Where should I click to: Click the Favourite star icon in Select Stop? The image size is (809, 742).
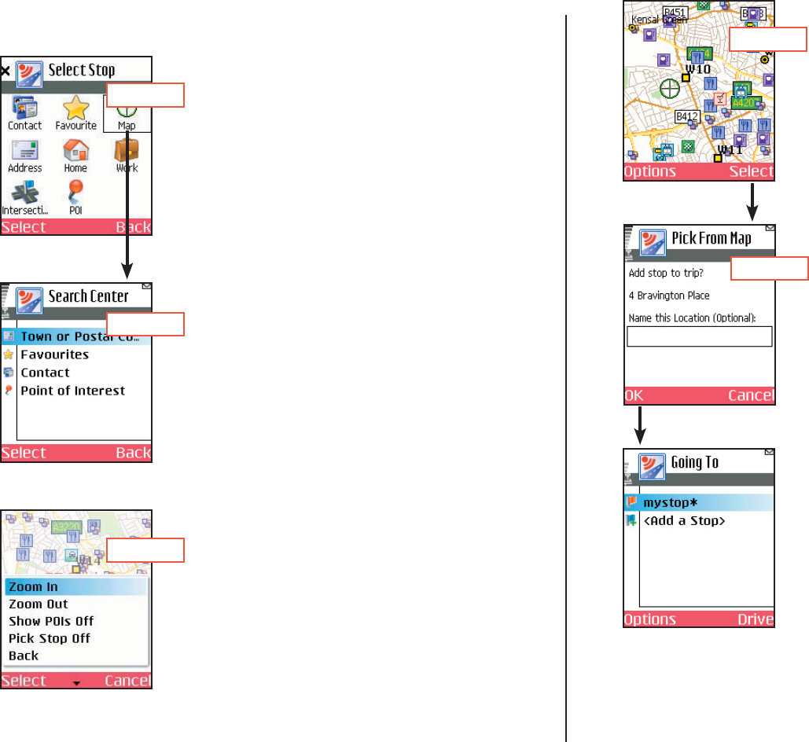tap(75, 108)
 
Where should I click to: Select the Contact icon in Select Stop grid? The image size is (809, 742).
tap(25, 108)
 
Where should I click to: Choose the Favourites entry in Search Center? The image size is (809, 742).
tap(54, 354)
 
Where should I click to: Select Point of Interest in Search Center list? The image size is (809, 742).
tap(72, 391)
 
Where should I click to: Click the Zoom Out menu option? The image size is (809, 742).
tap(39, 604)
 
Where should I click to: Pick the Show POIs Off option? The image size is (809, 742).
tap(51, 622)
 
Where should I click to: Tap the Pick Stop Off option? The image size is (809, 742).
tap(50, 638)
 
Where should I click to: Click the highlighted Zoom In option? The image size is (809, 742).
tap(34, 587)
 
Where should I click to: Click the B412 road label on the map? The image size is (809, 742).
tap(688, 117)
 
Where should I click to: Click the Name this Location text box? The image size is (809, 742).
tap(699, 336)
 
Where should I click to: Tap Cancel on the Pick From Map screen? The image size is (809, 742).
tap(751, 395)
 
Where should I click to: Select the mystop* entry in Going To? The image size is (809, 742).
tap(671, 502)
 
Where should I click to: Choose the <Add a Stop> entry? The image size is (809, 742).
tap(684, 521)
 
